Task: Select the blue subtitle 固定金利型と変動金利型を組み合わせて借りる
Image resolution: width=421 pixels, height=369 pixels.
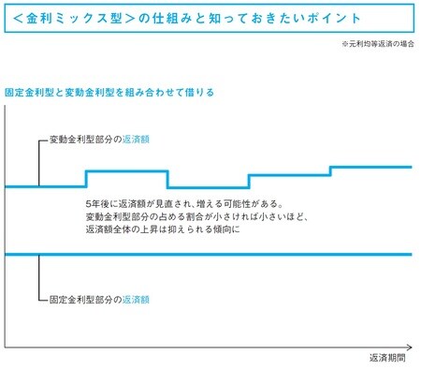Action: (109, 92)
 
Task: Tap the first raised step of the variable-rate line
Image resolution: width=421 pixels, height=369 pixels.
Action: (126, 171)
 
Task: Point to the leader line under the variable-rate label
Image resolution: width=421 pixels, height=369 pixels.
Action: (38, 164)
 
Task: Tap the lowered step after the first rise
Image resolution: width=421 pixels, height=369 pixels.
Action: (207, 186)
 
